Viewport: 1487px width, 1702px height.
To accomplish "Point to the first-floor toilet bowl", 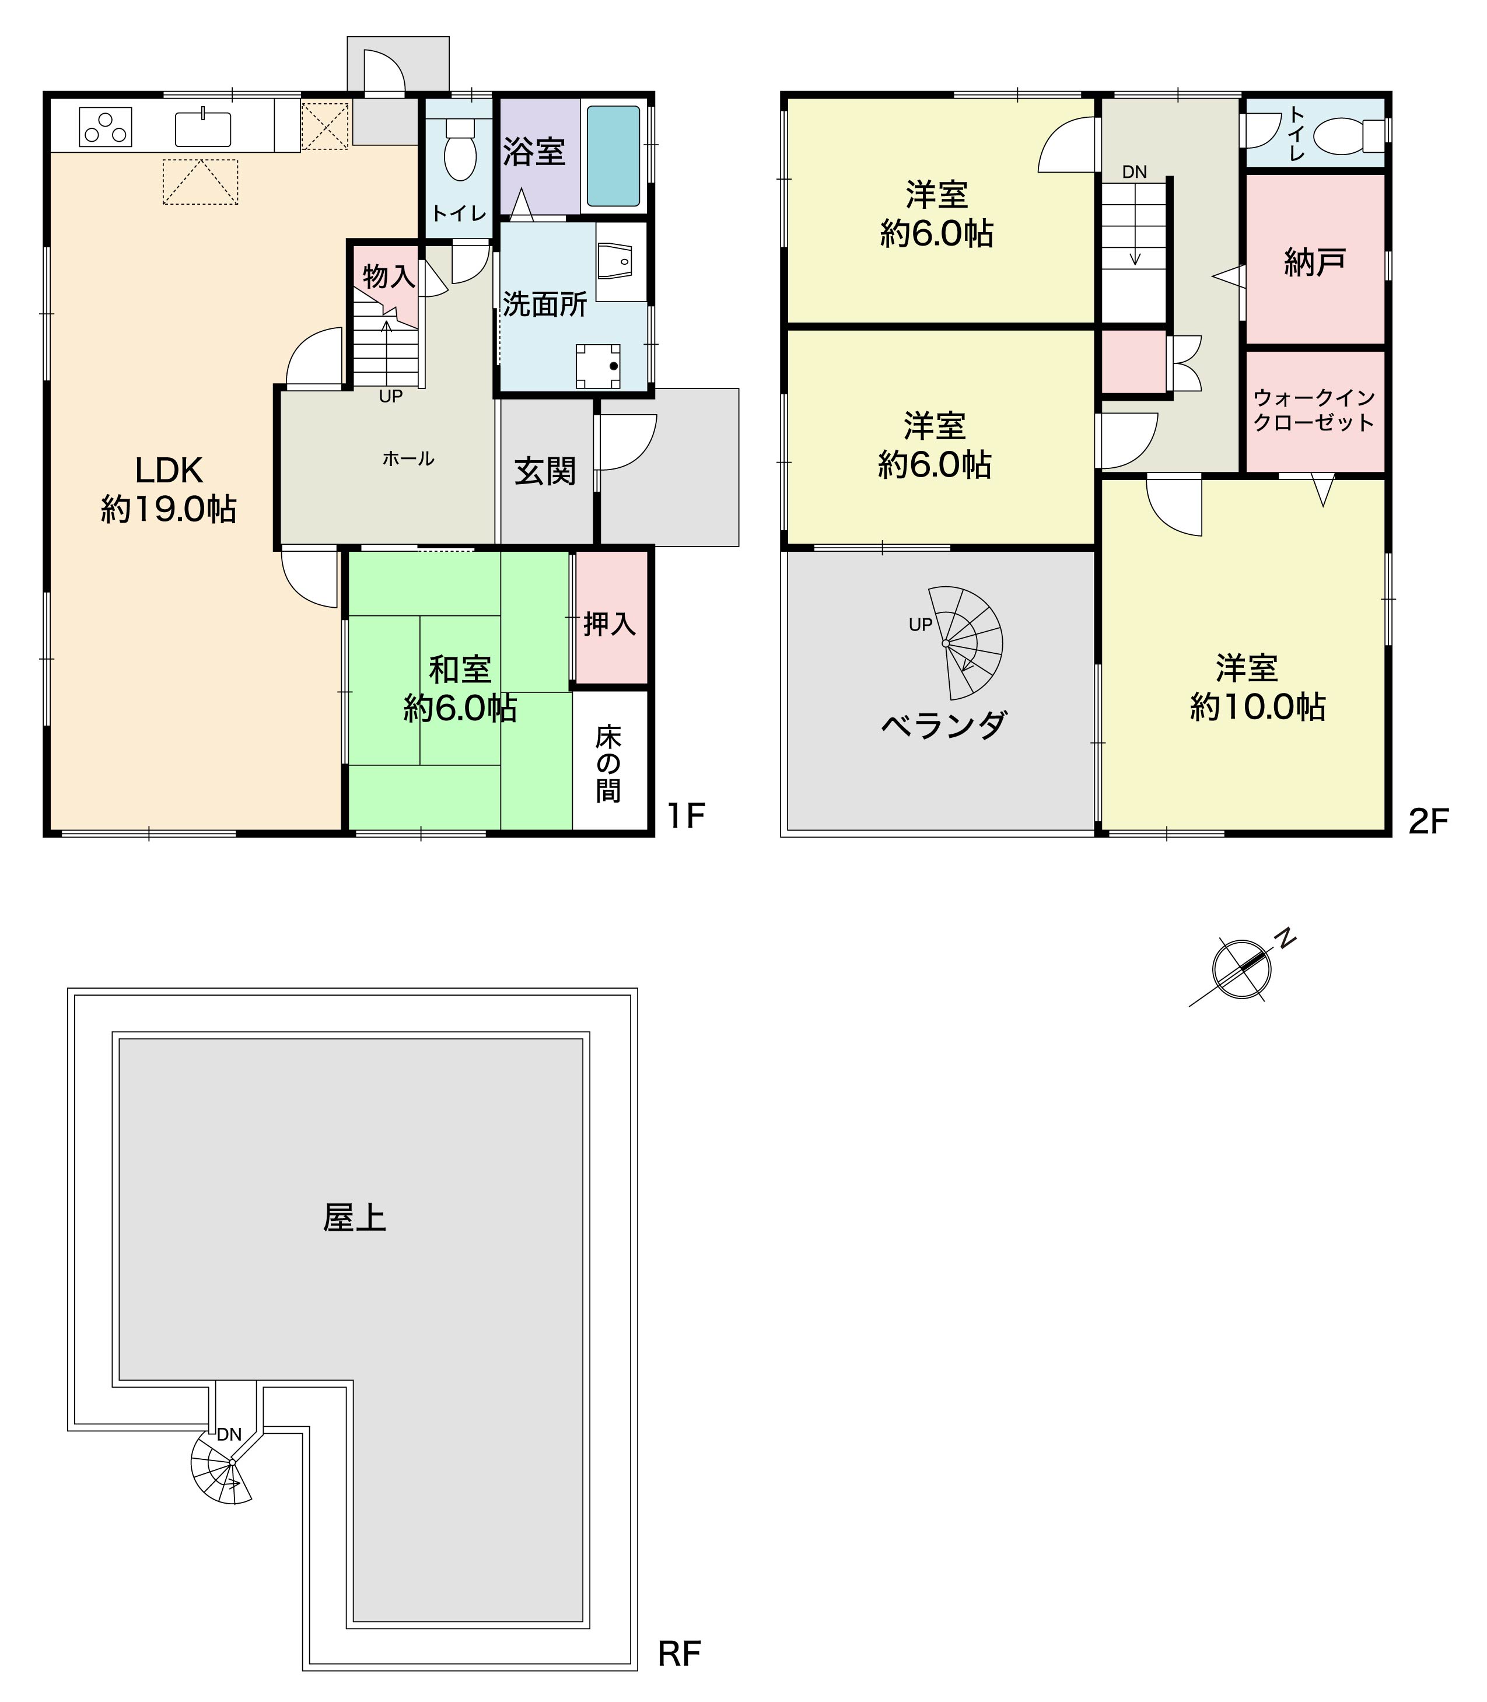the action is (x=460, y=150).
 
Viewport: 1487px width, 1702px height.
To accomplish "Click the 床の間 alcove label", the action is (x=608, y=764).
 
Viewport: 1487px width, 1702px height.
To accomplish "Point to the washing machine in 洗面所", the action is (x=599, y=366).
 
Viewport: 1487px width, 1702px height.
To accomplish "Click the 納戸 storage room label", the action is (x=1314, y=262).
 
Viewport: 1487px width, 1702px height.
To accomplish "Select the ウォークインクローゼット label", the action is (x=1314, y=410).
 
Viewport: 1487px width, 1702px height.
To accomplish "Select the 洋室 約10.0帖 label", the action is (x=1258, y=687).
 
